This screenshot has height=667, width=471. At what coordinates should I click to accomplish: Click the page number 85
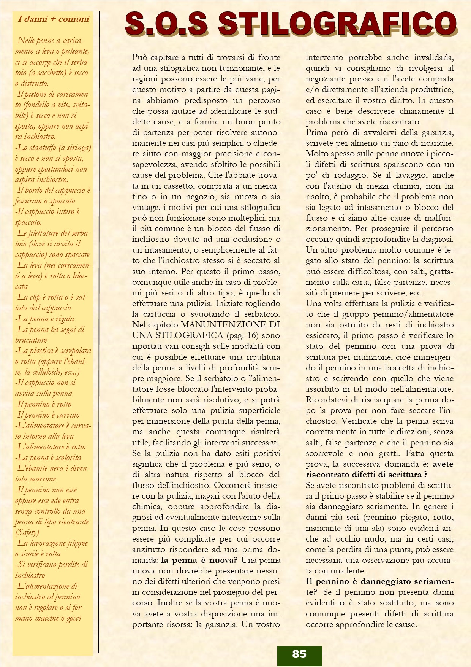(299, 654)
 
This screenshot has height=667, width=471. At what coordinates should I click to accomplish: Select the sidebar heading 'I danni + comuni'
(53, 19)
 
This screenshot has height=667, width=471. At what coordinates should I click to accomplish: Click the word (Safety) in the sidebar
(27, 532)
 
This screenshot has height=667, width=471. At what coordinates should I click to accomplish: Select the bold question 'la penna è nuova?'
(199, 560)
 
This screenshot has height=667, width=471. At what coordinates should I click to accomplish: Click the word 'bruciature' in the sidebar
(31, 340)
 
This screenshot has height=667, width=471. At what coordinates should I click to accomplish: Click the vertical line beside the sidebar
(99, 331)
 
